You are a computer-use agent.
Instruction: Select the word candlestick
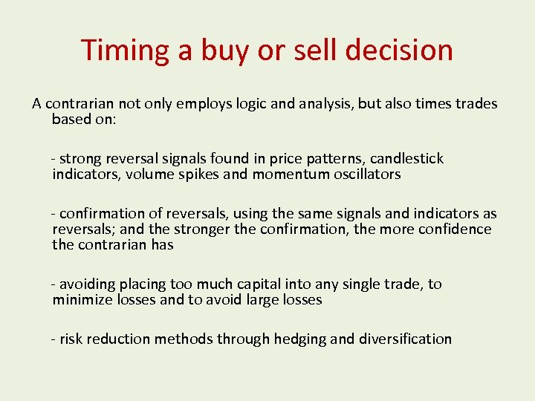pos(406,158)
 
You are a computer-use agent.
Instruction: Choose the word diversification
pos(405,339)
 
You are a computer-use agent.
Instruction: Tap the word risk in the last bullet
pos(71,339)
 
